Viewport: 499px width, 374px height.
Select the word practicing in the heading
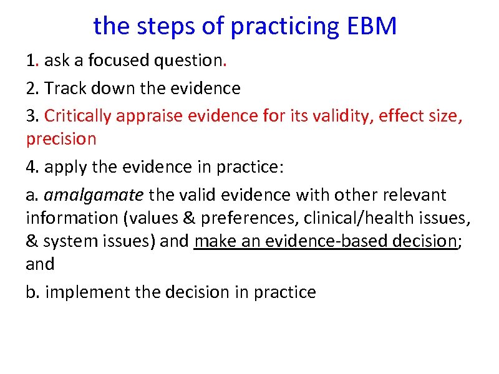(280, 27)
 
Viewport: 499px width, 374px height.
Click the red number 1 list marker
(31, 61)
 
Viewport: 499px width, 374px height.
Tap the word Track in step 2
(66, 89)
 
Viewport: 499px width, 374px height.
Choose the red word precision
(61, 138)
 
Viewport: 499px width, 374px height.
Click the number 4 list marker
(31, 167)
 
